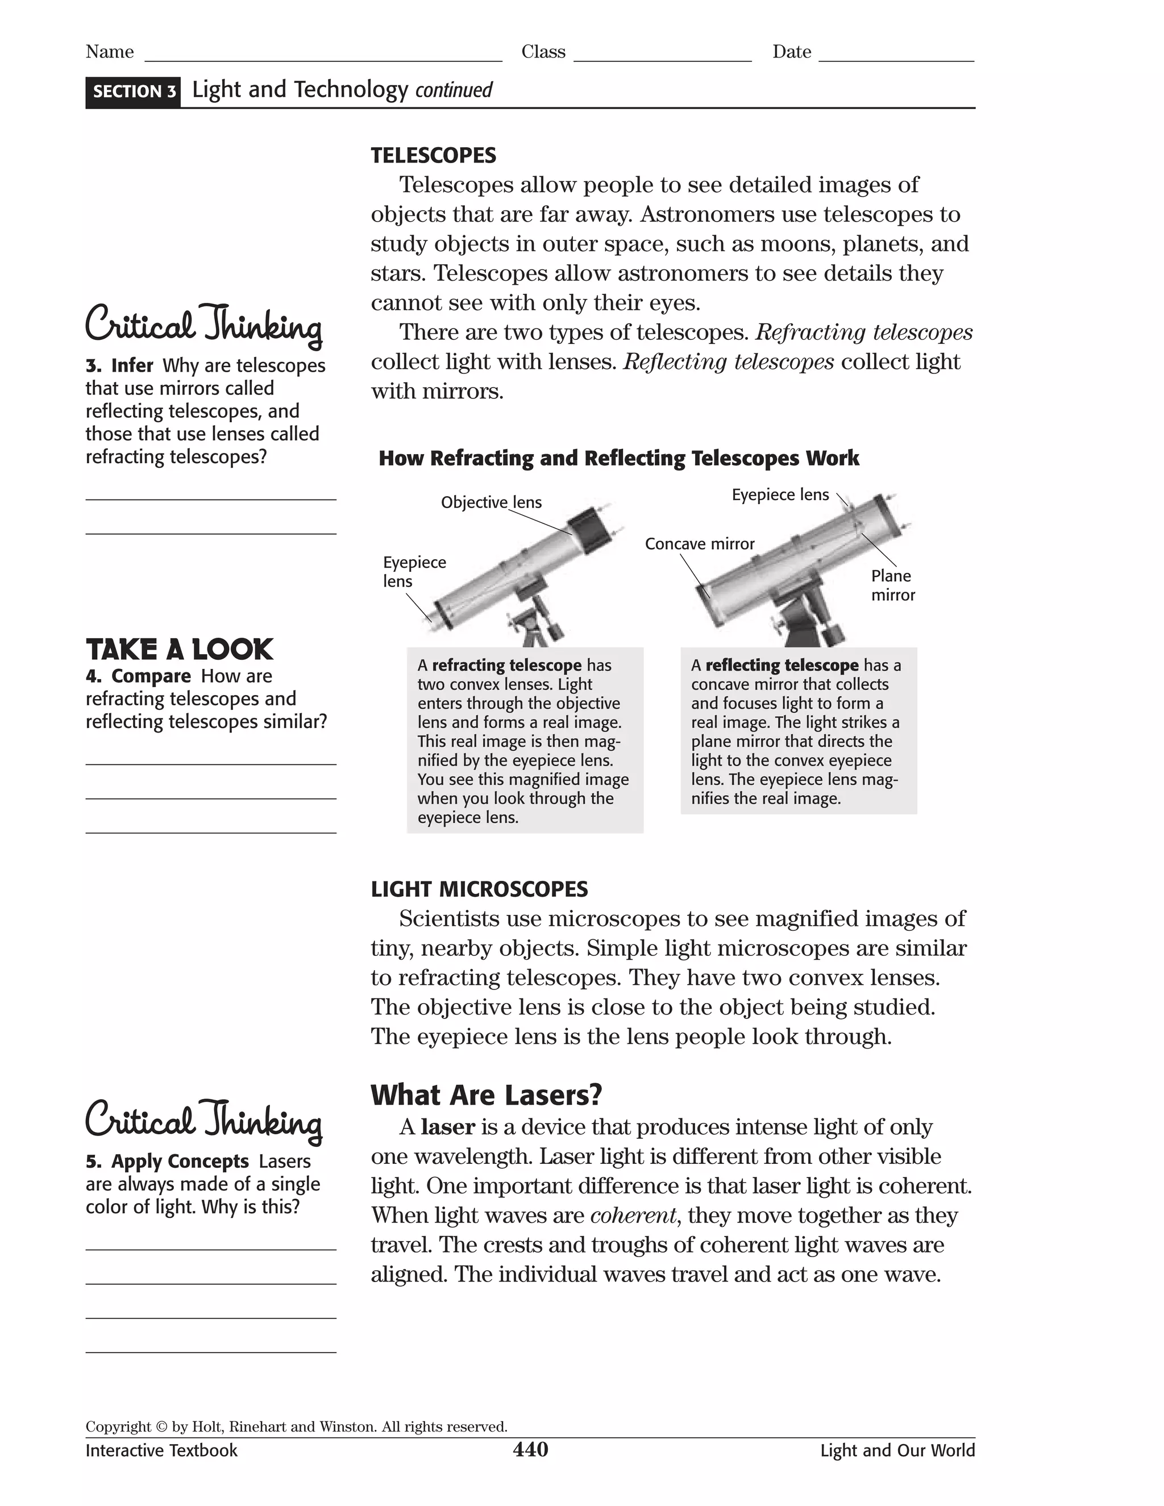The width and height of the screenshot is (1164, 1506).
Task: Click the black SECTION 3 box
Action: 133,91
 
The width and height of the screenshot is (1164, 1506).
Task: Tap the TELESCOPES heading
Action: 433,155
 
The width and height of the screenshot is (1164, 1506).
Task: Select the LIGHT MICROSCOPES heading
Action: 479,889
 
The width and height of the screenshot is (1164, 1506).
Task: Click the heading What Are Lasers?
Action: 486,1095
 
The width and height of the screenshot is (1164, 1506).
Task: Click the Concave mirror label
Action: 699,543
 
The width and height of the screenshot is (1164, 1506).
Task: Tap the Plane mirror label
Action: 892,585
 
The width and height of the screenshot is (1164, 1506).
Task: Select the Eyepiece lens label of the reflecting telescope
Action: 780,494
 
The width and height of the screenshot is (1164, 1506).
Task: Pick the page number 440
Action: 530,1450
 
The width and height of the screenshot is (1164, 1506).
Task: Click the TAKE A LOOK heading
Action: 179,650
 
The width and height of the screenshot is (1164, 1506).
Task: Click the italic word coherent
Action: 634,1215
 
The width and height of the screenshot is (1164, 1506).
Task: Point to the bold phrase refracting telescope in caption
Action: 506,665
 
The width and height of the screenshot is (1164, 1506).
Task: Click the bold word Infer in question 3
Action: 132,365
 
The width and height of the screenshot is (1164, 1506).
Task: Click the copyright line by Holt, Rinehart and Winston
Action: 297,1426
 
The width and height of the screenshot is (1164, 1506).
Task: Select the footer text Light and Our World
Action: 897,1450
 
